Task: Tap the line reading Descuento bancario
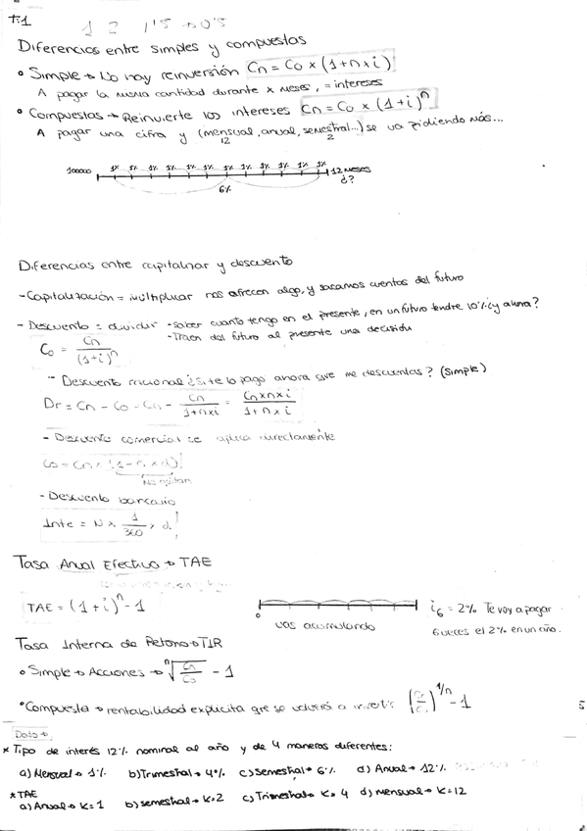98,497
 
